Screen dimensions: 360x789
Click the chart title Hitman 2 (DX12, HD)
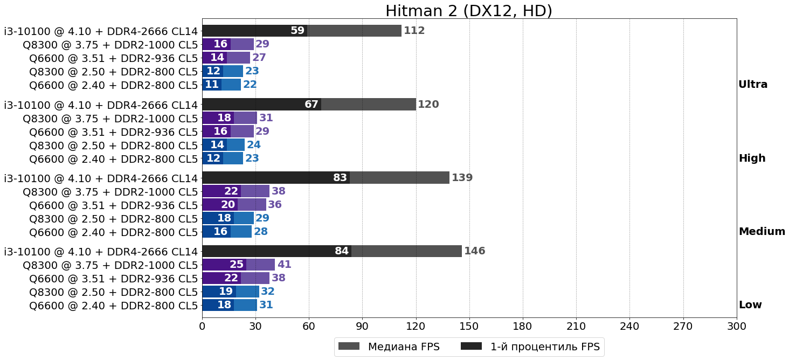(469, 11)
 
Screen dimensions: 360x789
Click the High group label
(752, 158)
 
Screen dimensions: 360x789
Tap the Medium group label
(762, 232)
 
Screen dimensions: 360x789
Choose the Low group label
(750, 305)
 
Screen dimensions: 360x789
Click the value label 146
(475, 251)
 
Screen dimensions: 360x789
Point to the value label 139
(462, 178)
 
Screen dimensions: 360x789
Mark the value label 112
(414, 31)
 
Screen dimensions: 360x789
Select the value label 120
(428, 105)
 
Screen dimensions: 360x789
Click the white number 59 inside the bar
(297, 31)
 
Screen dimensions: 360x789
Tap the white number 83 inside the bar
(340, 178)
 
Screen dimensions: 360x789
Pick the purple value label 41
(284, 265)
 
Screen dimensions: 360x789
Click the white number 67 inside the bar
(312, 105)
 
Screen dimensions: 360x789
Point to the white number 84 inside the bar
(342, 251)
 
